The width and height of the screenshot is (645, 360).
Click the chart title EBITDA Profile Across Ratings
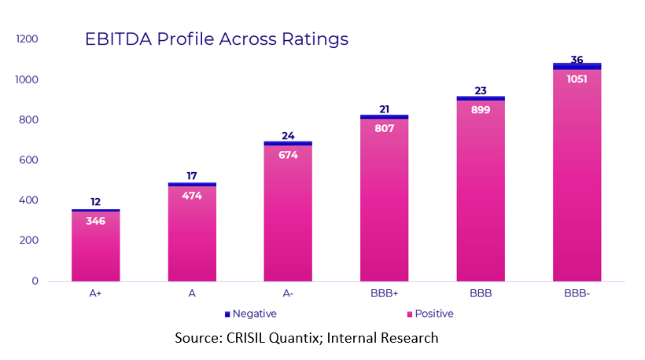216,39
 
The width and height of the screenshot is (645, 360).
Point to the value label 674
288,155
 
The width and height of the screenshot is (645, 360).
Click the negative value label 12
95,202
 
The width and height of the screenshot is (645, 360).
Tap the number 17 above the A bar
192,176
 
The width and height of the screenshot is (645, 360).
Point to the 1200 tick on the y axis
28,39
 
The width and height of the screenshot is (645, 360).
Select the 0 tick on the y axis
35,281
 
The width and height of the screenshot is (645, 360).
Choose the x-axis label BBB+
384,294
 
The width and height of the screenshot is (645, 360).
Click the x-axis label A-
288,294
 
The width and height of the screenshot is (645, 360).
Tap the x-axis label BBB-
577,294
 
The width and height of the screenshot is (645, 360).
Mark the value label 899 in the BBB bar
481,110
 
